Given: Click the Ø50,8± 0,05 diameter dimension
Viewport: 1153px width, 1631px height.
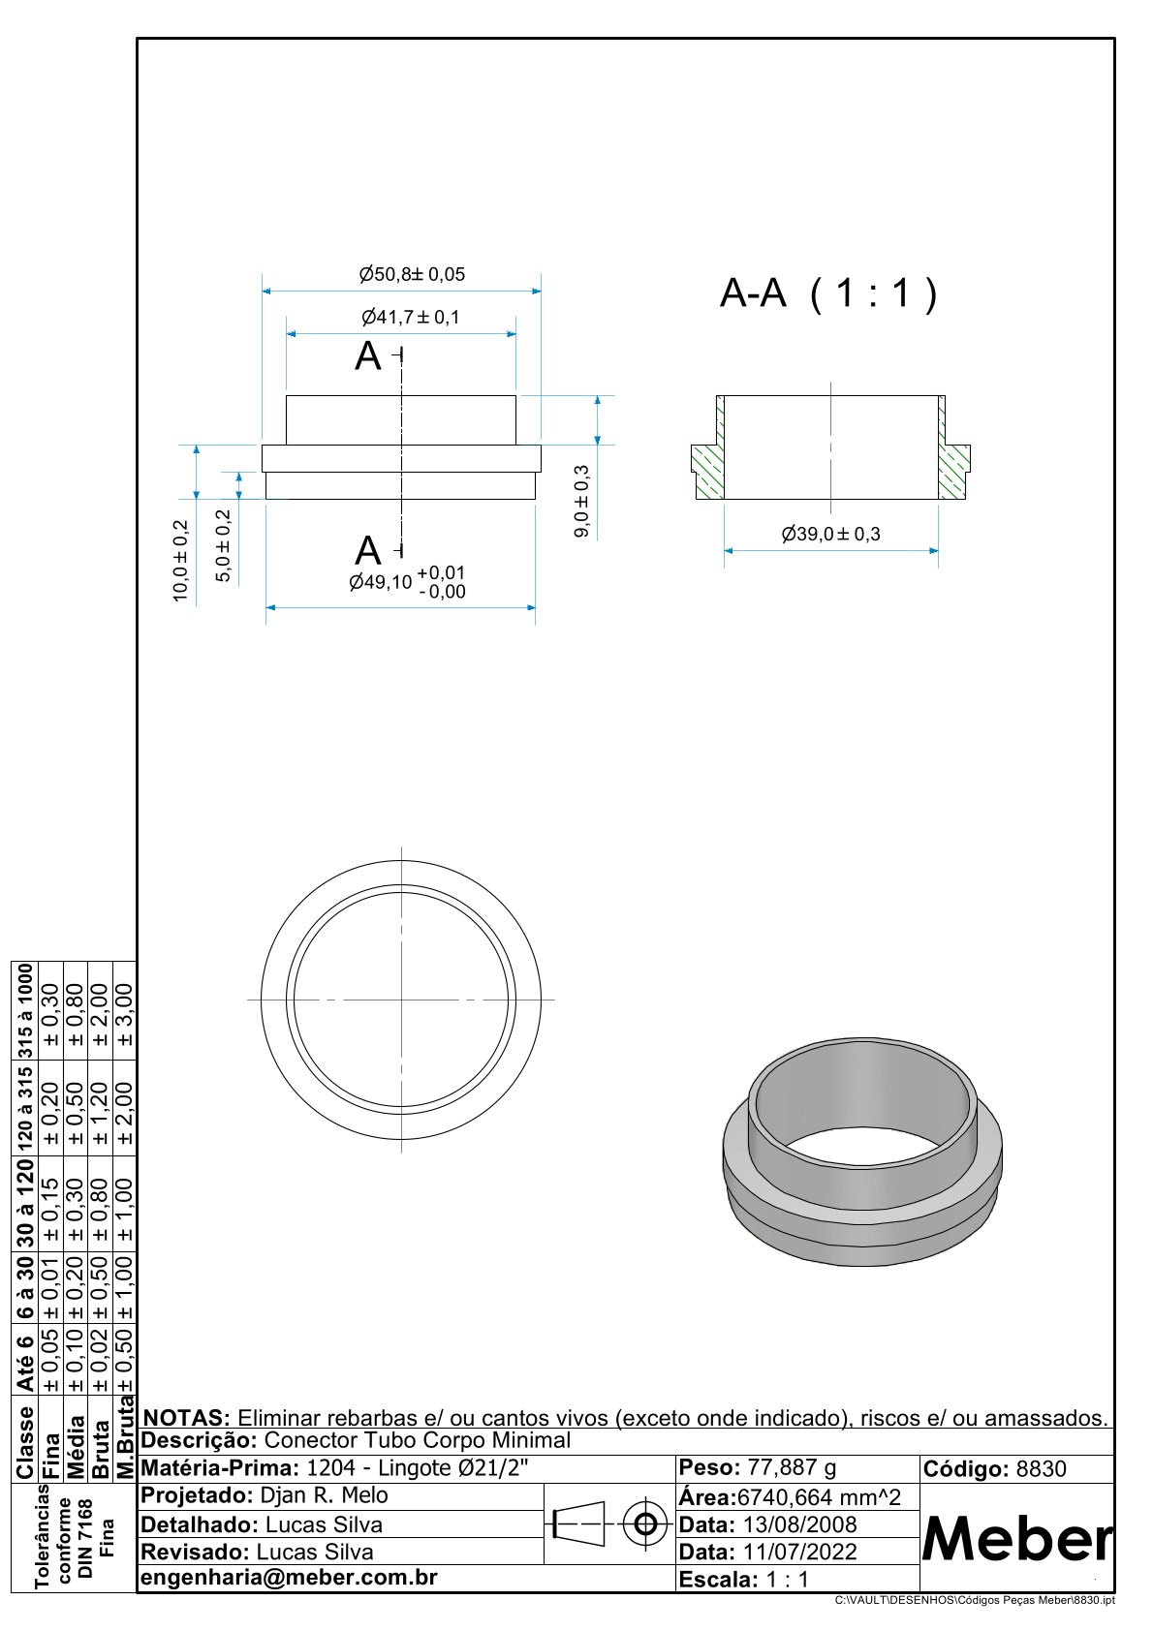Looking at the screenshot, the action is coord(412,274).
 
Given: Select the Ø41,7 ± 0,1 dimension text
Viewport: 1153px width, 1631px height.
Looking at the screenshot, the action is coord(411,318).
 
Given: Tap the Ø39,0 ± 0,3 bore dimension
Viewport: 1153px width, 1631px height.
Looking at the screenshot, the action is coord(831,535).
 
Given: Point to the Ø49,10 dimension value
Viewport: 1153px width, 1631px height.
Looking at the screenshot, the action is coord(380,582).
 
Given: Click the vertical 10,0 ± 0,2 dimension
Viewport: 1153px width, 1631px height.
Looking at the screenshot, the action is coord(180,561).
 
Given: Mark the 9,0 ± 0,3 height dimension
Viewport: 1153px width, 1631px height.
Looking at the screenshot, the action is coord(581,501).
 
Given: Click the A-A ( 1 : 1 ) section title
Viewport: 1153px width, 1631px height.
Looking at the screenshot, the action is coord(828,293).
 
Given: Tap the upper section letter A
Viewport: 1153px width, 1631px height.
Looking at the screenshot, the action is coord(368,356).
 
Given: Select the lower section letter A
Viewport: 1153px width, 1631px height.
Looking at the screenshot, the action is coord(368,550).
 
